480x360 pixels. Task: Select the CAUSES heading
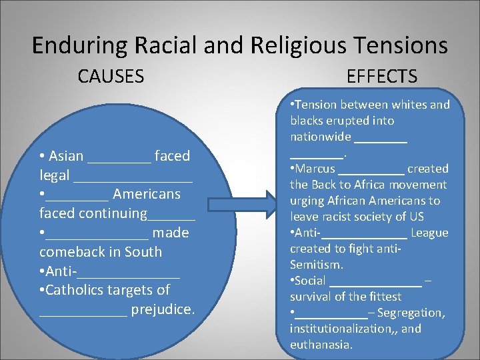(111, 77)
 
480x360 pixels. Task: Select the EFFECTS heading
(382, 77)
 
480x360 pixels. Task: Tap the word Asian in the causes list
(65, 156)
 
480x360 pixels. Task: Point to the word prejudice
(163, 309)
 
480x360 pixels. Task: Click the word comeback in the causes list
(73, 252)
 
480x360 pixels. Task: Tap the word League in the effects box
(429, 233)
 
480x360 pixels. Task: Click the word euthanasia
(321, 345)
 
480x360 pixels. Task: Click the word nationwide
(320, 137)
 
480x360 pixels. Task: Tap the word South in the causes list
(144, 252)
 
